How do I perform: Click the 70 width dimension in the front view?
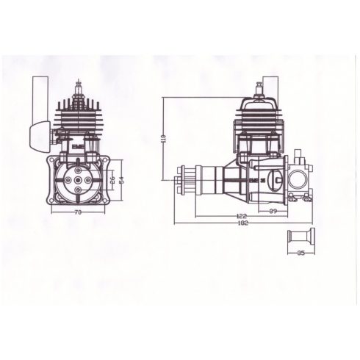(76, 214)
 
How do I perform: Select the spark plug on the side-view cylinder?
(259, 91)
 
